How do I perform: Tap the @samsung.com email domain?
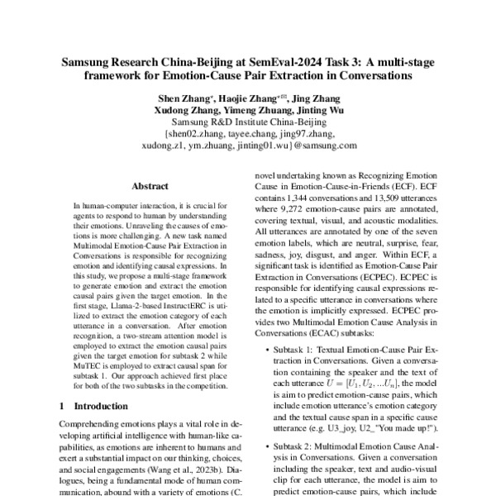tap(303, 146)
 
